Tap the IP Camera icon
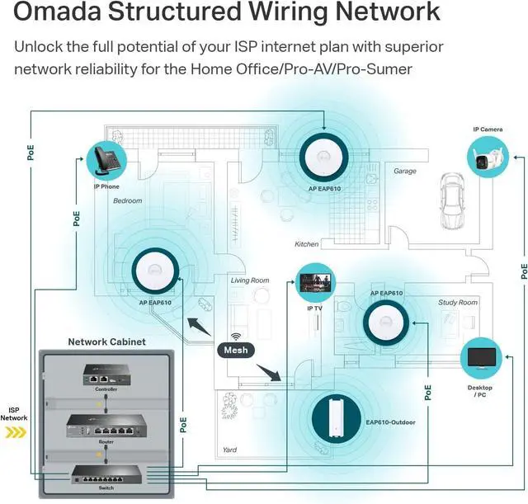click(487, 156)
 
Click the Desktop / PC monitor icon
click(480, 356)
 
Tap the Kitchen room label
click(306, 244)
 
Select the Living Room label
click(249, 280)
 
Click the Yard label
click(230, 450)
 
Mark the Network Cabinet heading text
click(106, 341)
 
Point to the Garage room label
click(404, 172)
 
